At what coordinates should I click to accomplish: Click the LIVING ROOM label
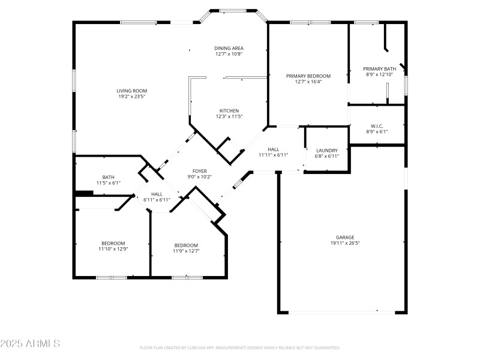coord(131,90)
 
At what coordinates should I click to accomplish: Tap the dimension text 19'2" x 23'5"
coord(131,96)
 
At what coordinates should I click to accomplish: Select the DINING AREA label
coord(229,48)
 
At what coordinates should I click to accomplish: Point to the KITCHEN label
coord(229,110)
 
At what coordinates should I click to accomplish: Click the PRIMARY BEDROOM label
coord(308,76)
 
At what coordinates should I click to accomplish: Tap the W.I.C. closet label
coord(377,125)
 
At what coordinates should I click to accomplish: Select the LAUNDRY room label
coord(327,150)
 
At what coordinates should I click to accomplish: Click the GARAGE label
coord(344,237)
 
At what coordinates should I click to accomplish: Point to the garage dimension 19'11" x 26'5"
coord(344,243)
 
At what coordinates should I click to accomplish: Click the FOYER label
coord(200,171)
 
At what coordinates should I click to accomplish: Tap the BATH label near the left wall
coord(109,177)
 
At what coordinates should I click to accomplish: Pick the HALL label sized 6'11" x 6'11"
coord(157,194)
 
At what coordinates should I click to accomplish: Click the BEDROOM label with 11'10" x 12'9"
coord(113,243)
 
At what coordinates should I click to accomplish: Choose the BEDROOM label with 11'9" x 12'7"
coord(186,245)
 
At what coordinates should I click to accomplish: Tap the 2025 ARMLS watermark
coord(30,344)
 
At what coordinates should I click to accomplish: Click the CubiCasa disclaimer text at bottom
coord(240,347)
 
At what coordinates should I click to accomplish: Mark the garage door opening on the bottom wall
coord(342,312)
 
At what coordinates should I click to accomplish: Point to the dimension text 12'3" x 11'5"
coord(229,116)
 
